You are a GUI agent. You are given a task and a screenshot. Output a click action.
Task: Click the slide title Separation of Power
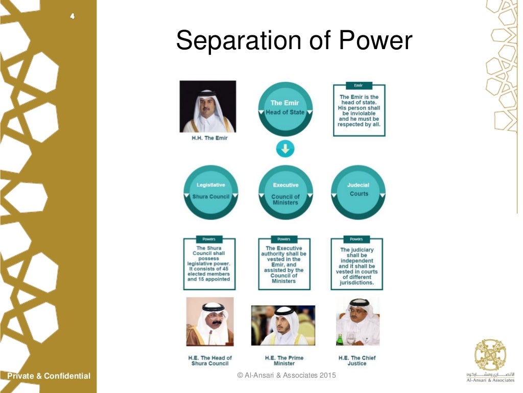pos(294,40)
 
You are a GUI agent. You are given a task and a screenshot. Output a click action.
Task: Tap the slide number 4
pos(73,16)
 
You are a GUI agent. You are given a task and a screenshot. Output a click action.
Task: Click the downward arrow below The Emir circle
pos(285,149)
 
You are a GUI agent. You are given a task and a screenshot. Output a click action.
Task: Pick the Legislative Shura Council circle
pos(210,192)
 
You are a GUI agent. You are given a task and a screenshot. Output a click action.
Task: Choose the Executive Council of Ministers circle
pos(285,192)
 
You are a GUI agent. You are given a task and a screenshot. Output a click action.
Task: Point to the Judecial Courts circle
pos(359,192)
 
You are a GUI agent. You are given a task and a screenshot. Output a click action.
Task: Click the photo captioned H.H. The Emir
pos(208,106)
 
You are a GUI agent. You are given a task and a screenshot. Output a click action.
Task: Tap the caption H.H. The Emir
pos(209,138)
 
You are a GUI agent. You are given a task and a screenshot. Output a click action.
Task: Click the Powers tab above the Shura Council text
pos(209,239)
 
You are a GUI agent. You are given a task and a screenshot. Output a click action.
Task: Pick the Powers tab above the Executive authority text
pos(284,239)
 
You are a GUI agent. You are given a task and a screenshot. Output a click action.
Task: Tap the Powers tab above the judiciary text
pos(356,239)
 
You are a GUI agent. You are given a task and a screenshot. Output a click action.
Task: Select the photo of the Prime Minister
pos(283,325)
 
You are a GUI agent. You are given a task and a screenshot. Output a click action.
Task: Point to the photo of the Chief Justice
pos(358,322)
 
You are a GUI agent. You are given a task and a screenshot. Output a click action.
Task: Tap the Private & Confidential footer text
pos(49,376)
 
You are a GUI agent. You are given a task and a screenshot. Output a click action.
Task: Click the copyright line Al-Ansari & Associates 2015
pos(287,376)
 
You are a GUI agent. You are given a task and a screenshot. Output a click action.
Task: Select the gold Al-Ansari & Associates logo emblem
pos(490,355)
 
